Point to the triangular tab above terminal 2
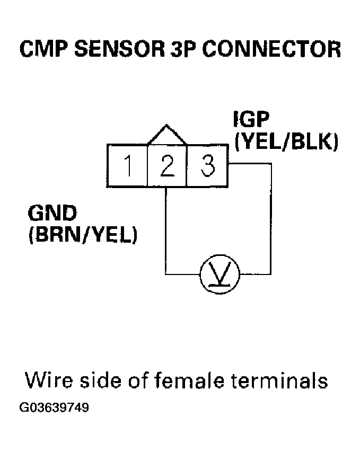pyautogui.click(x=167, y=136)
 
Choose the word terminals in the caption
pyautogui.click(x=282, y=381)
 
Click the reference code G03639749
pyautogui.click(x=54, y=409)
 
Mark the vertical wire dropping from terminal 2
pyautogui.click(x=166, y=228)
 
